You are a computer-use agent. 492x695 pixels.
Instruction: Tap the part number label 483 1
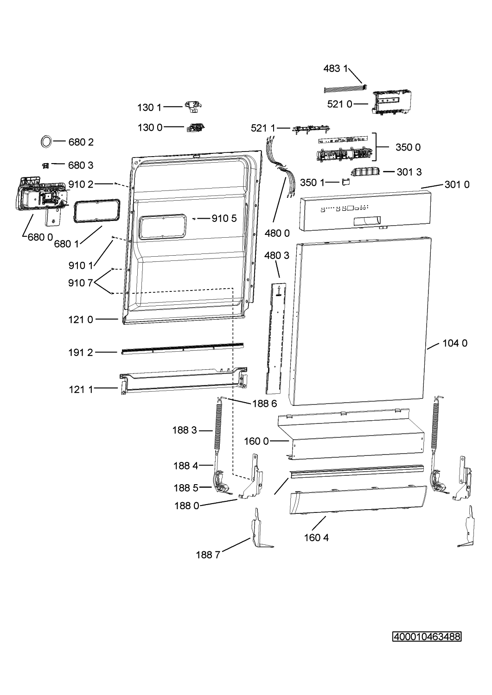[x=335, y=69]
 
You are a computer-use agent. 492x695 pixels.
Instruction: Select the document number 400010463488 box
[x=427, y=637]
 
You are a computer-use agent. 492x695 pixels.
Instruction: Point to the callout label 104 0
[x=454, y=343]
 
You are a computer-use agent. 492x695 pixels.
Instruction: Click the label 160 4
[x=317, y=537]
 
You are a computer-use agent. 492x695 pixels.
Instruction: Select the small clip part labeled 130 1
[x=192, y=107]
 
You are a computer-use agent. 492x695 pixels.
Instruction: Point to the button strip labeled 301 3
[x=365, y=172]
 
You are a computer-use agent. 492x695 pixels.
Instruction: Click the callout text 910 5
[x=224, y=218]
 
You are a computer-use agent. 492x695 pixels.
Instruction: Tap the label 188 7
[x=208, y=555]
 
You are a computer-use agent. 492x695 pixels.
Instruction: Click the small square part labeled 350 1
[x=345, y=182]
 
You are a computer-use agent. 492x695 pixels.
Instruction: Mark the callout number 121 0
[x=81, y=319]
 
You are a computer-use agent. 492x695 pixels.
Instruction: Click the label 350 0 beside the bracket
[x=408, y=147]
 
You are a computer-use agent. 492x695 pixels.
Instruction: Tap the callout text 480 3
[x=277, y=255]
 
